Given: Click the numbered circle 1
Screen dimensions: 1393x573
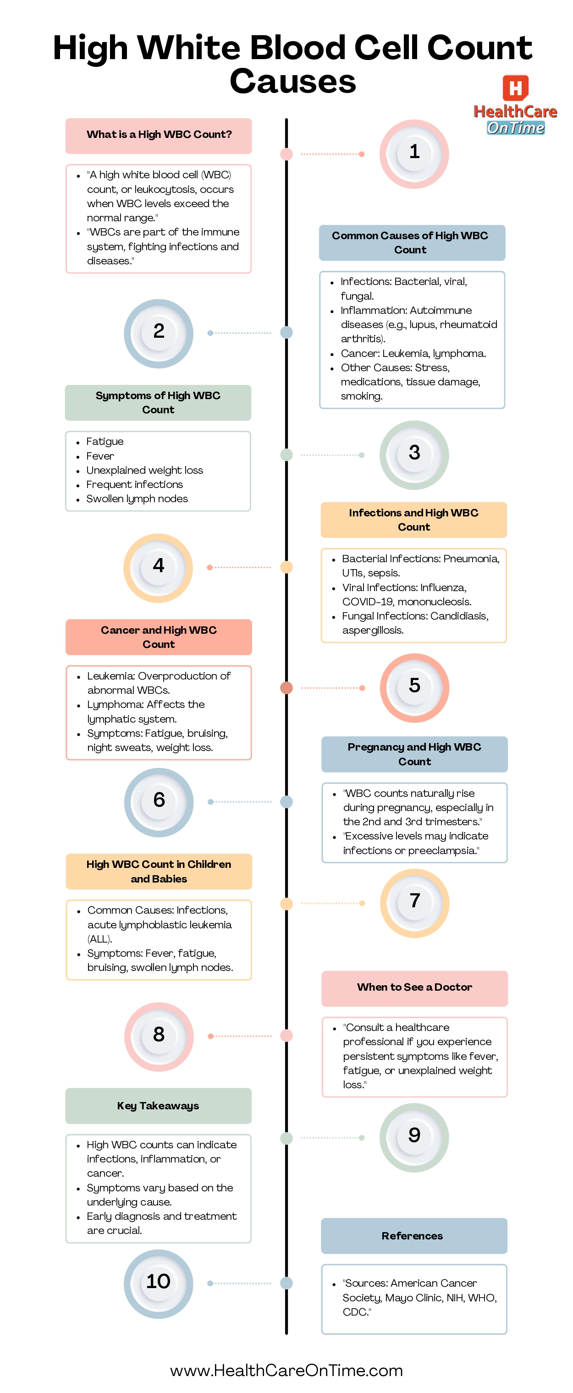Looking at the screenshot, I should (x=414, y=154).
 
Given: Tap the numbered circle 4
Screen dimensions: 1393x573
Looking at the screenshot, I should (x=158, y=567).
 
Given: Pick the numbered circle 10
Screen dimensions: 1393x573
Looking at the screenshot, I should (x=158, y=1283).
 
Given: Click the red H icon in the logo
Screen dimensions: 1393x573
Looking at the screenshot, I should (x=515, y=88).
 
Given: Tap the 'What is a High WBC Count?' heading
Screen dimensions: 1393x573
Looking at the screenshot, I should (x=159, y=135).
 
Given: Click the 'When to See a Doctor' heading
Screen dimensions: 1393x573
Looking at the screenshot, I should (x=414, y=987).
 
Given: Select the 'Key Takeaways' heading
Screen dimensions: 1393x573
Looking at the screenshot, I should (x=158, y=1105).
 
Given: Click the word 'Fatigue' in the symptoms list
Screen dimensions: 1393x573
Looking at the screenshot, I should (x=105, y=441).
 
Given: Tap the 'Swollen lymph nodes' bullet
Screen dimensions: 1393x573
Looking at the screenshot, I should (x=137, y=499).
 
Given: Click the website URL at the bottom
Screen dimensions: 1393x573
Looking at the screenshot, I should (x=286, y=1370).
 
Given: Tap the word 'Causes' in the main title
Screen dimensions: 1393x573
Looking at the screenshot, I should (x=293, y=82).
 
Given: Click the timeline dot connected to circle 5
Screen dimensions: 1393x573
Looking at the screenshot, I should (x=286, y=688).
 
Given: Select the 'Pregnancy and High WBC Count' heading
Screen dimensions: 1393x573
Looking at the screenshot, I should (x=414, y=754).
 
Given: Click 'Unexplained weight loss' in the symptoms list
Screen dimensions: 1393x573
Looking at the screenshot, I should (x=144, y=470).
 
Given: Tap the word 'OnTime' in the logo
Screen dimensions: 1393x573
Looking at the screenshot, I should (x=515, y=128).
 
